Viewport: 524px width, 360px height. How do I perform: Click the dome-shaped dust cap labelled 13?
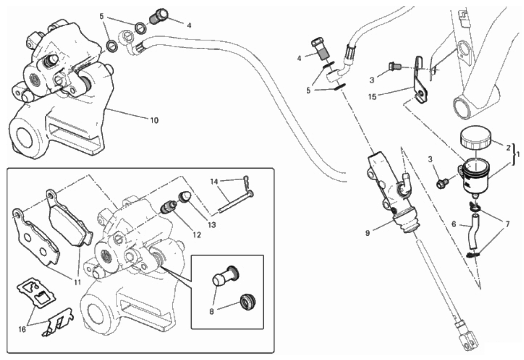tap(185, 196)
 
